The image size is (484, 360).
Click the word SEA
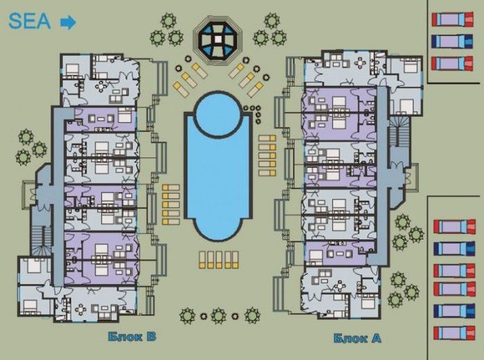pos(30,22)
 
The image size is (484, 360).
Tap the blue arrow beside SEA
pos(68,22)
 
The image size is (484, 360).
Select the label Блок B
pos(132,336)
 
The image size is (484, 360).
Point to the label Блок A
pos(357,338)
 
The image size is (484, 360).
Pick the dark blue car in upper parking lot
pos(452,42)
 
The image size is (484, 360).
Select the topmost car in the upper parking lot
pos(453,19)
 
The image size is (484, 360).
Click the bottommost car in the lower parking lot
pos(454,333)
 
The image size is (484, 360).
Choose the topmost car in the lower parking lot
pos(454,227)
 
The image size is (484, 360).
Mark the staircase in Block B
pos(42,241)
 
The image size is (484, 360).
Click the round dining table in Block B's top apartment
pos(101,87)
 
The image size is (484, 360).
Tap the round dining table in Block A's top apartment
pos(360,63)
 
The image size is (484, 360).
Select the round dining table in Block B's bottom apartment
pos(80,309)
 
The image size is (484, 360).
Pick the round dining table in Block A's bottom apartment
pos(340,286)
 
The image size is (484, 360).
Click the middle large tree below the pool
pos(219,316)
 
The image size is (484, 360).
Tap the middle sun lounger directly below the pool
pos(219,259)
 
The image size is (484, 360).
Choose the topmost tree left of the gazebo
pos(168,21)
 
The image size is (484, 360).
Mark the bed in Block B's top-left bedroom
pos(73,70)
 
